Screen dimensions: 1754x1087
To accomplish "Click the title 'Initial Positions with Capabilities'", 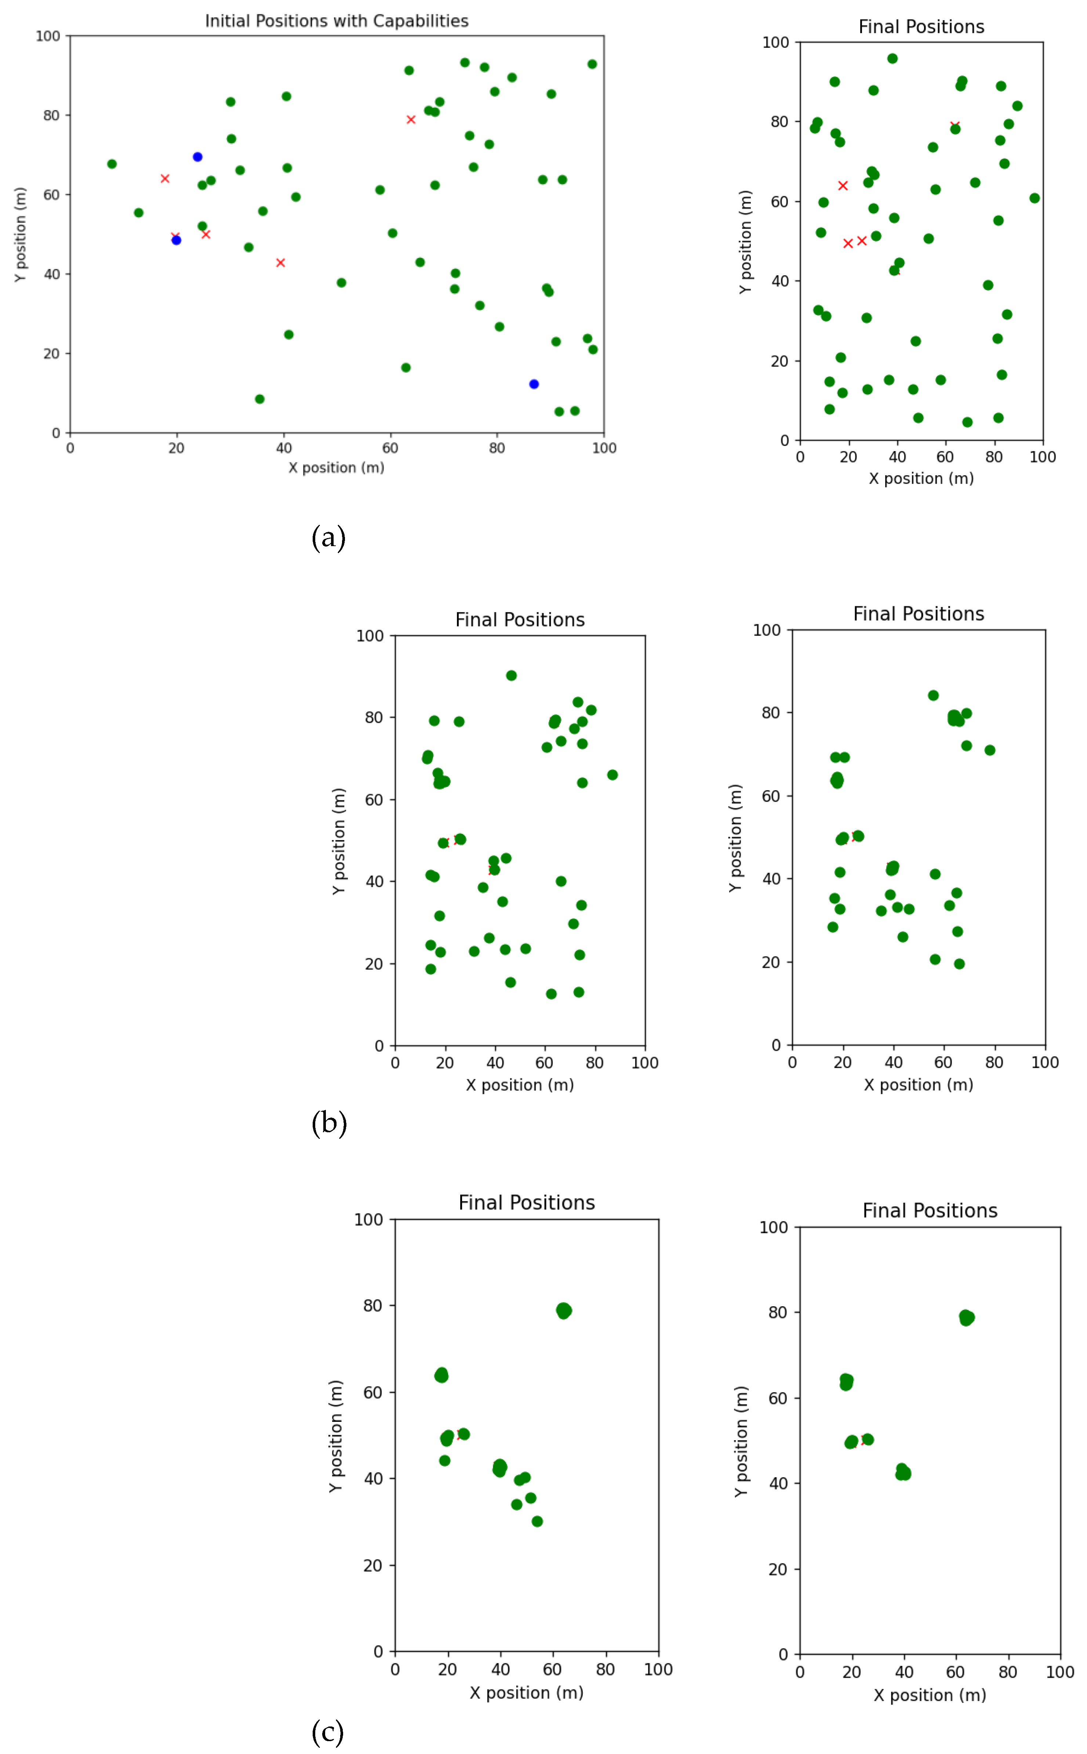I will point(337,21).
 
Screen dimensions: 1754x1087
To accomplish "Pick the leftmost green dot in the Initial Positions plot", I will point(112,164).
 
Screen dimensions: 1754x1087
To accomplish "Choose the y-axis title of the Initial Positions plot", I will point(20,235).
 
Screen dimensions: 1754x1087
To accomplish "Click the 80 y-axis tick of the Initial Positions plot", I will point(51,115).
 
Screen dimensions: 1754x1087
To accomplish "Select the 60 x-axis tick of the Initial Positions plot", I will point(390,448).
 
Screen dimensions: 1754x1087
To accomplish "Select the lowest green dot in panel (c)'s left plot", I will point(537,1521).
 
